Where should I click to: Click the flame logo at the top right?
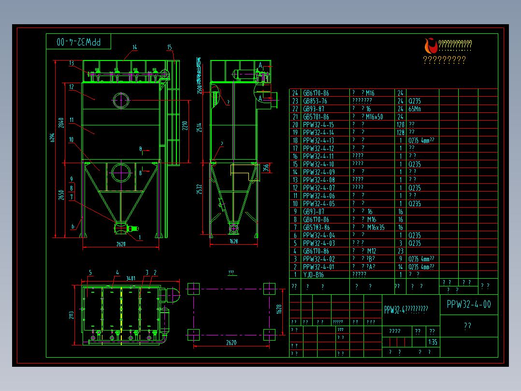click(430, 46)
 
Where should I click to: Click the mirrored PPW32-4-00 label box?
click(79, 42)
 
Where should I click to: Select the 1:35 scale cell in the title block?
click(433, 342)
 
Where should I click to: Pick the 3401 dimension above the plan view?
click(130, 278)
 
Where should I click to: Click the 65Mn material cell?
click(414, 109)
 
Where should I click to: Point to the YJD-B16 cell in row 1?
click(313, 274)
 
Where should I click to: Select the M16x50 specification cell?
click(375, 117)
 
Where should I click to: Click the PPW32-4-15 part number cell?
click(318, 124)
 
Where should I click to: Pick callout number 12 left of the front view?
click(71, 87)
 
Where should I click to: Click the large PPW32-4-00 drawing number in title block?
click(469, 304)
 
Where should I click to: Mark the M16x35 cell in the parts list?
click(376, 227)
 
